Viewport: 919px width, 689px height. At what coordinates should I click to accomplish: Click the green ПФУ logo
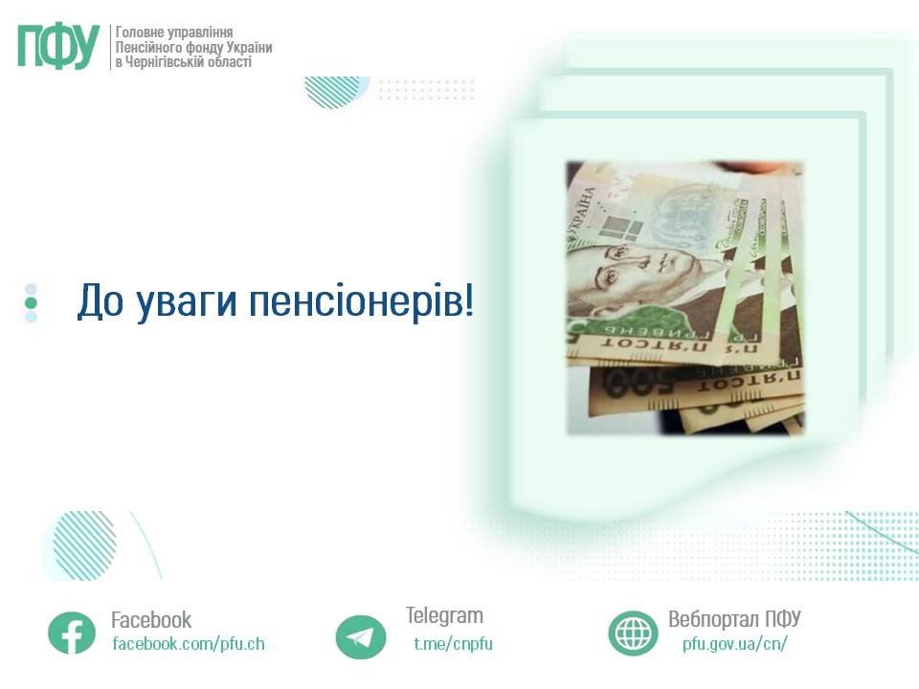[58, 47]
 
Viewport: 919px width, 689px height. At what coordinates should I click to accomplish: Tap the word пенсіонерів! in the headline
[361, 300]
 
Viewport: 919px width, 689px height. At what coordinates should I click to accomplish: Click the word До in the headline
[101, 300]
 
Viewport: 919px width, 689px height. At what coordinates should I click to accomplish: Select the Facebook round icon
[72, 633]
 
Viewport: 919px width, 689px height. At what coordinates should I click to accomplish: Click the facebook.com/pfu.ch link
[189, 644]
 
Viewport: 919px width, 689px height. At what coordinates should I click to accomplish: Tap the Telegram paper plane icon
[361, 637]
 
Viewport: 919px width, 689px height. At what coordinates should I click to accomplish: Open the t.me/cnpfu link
[453, 644]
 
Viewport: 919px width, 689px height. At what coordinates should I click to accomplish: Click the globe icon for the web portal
[633, 633]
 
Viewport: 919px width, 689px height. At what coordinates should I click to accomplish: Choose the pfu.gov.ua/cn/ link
[734, 644]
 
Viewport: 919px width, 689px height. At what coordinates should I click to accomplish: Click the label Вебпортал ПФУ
[734, 619]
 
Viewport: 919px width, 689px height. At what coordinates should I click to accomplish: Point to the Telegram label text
[444, 615]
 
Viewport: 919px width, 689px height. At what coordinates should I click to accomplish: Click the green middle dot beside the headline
[31, 303]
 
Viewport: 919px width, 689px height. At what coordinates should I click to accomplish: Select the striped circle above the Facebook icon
[84, 545]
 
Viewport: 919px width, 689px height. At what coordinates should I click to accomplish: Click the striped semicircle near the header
[333, 92]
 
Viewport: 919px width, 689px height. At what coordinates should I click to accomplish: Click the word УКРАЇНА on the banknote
[580, 215]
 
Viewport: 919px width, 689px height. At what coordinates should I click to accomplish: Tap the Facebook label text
[151, 620]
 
